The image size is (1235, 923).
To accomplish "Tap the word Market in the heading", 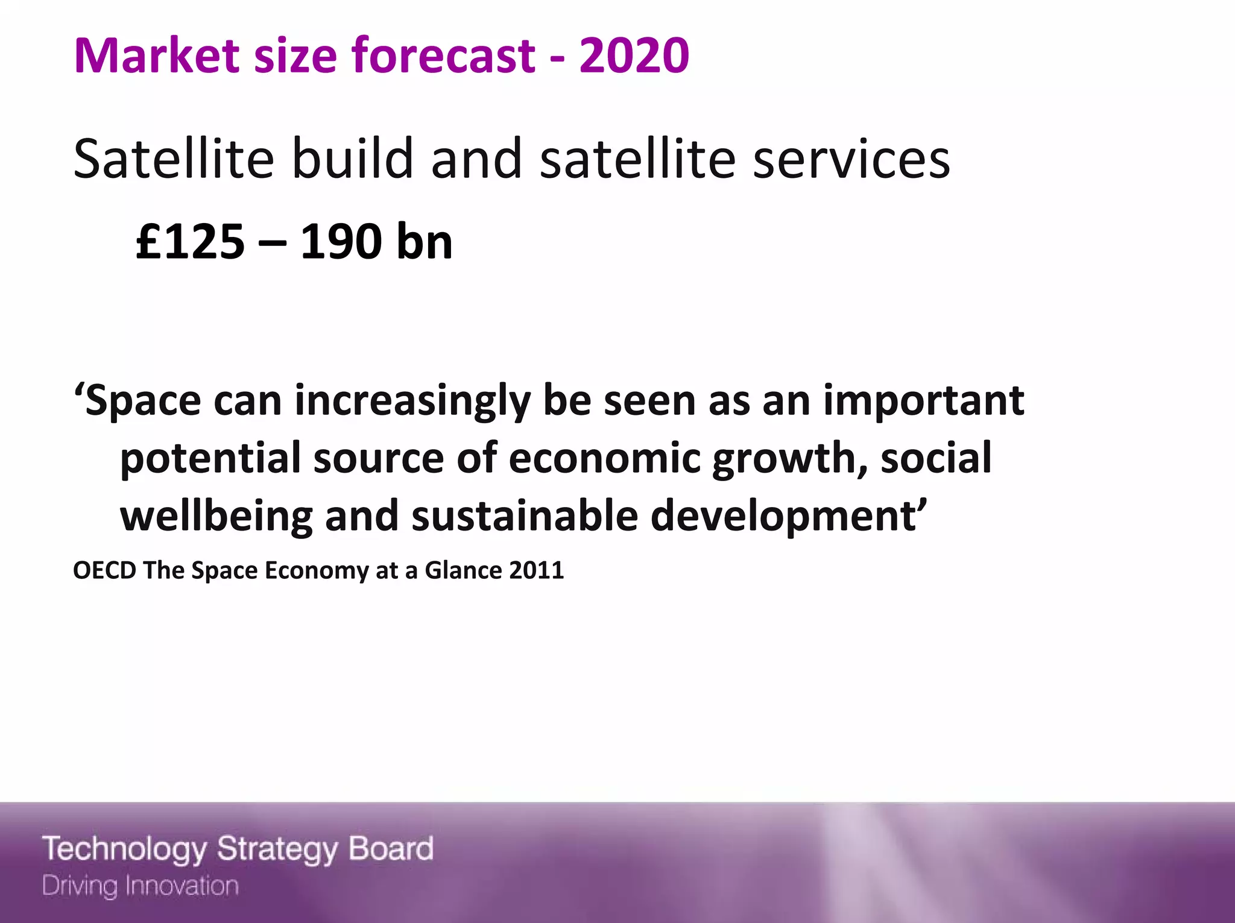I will coord(156,56).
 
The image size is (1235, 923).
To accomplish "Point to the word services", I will coord(851,160).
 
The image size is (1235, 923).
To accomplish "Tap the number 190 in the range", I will coord(333,242).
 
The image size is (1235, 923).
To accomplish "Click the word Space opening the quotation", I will coord(142,401).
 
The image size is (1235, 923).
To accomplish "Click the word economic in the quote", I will coord(604,458).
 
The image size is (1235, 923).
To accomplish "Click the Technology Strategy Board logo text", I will coord(238,849).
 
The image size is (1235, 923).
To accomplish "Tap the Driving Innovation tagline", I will coord(141,886).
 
